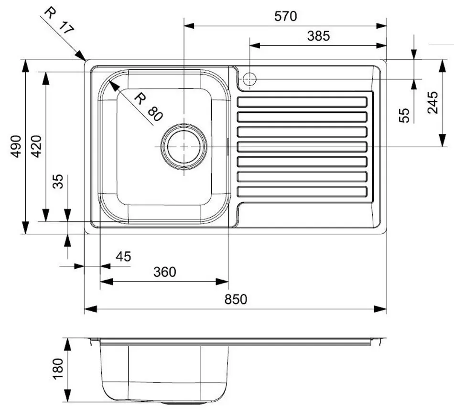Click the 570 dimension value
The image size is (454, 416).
(x=285, y=16)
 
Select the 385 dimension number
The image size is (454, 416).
(x=318, y=36)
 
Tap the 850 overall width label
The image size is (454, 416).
(x=236, y=299)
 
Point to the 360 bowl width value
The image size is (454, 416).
(x=164, y=272)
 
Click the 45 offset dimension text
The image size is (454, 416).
(x=123, y=257)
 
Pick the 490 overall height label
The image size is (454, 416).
(x=16, y=146)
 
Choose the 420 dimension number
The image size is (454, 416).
(x=36, y=146)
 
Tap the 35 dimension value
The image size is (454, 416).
(x=58, y=181)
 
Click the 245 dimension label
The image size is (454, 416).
(x=433, y=102)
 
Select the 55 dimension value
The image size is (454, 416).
(x=404, y=115)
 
